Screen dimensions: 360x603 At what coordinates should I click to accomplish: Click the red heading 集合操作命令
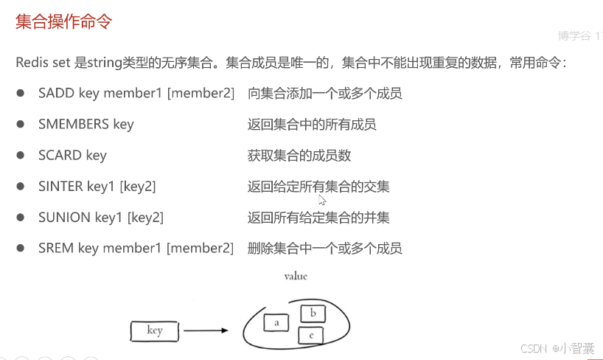click(64, 21)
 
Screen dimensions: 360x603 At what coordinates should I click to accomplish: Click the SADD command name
click(56, 94)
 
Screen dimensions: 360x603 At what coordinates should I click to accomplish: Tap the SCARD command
click(60, 155)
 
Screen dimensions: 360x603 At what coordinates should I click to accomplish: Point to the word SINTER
click(60, 186)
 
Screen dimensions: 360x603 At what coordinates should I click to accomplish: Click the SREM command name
click(56, 248)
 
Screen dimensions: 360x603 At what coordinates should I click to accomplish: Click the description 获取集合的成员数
click(299, 155)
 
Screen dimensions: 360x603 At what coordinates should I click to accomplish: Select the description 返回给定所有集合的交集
click(318, 186)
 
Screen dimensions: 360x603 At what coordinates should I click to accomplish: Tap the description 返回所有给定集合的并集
click(318, 217)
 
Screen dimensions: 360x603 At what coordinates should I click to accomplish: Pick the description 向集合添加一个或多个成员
click(325, 94)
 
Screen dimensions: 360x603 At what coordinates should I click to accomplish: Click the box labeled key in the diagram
click(155, 331)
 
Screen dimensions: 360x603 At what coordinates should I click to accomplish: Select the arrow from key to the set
click(206, 331)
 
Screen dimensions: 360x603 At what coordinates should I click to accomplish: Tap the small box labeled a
click(275, 322)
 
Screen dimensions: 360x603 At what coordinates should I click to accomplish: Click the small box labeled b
click(313, 314)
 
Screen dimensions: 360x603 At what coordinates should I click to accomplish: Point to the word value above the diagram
click(296, 276)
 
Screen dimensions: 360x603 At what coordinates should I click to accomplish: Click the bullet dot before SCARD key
click(21, 155)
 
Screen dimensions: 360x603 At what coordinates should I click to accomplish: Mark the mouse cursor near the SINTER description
click(322, 199)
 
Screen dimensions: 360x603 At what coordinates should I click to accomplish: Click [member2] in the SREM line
click(200, 248)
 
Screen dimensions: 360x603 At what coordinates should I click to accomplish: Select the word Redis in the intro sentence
click(32, 63)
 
